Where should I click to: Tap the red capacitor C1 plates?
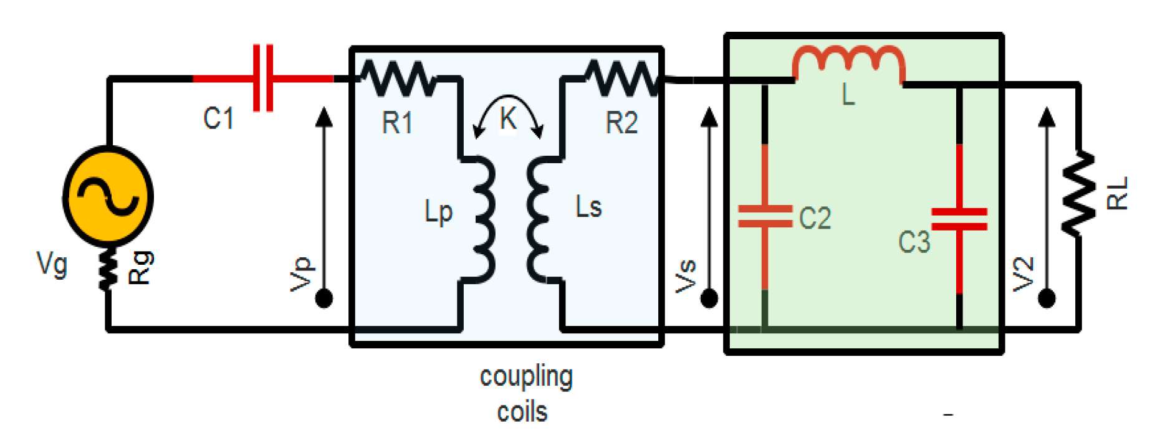(263, 78)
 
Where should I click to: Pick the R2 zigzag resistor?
(621, 79)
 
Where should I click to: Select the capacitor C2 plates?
(765, 216)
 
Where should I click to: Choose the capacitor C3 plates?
(959, 219)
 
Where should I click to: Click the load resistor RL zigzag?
(1079, 193)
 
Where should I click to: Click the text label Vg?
(52, 264)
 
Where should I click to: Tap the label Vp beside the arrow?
(302, 274)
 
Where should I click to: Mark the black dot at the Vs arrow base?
(709, 299)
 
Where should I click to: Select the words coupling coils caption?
(525, 394)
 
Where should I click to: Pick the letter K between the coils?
(509, 118)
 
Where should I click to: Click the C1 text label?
(219, 118)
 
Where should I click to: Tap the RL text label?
(1117, 193)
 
